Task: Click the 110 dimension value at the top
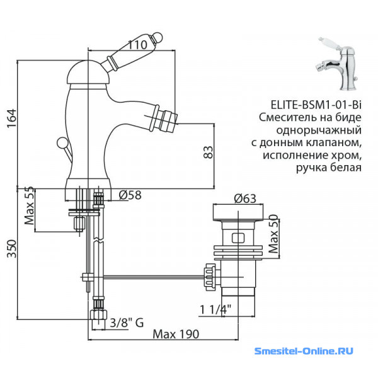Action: point(137,45)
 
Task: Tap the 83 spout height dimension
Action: point(209,152)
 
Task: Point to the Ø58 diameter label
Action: point(130,195)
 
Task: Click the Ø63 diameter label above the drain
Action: point(245,198)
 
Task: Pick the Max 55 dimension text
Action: point(30,205)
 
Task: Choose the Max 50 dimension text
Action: point(273,233)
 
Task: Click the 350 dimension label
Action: point(12,249)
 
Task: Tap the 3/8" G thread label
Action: point(127,323)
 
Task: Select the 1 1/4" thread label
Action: point(215,309)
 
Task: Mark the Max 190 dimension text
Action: point(176,334)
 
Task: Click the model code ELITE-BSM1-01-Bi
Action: point(316,105)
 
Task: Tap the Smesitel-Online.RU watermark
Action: point(304,351)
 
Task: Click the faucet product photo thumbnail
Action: point(337,64)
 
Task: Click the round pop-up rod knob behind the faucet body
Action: point(62,142)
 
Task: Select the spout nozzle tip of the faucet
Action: point(171,122)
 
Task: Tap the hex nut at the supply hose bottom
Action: point(98,315)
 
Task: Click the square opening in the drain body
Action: point(238,238)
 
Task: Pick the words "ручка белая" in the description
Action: point(329,168)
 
